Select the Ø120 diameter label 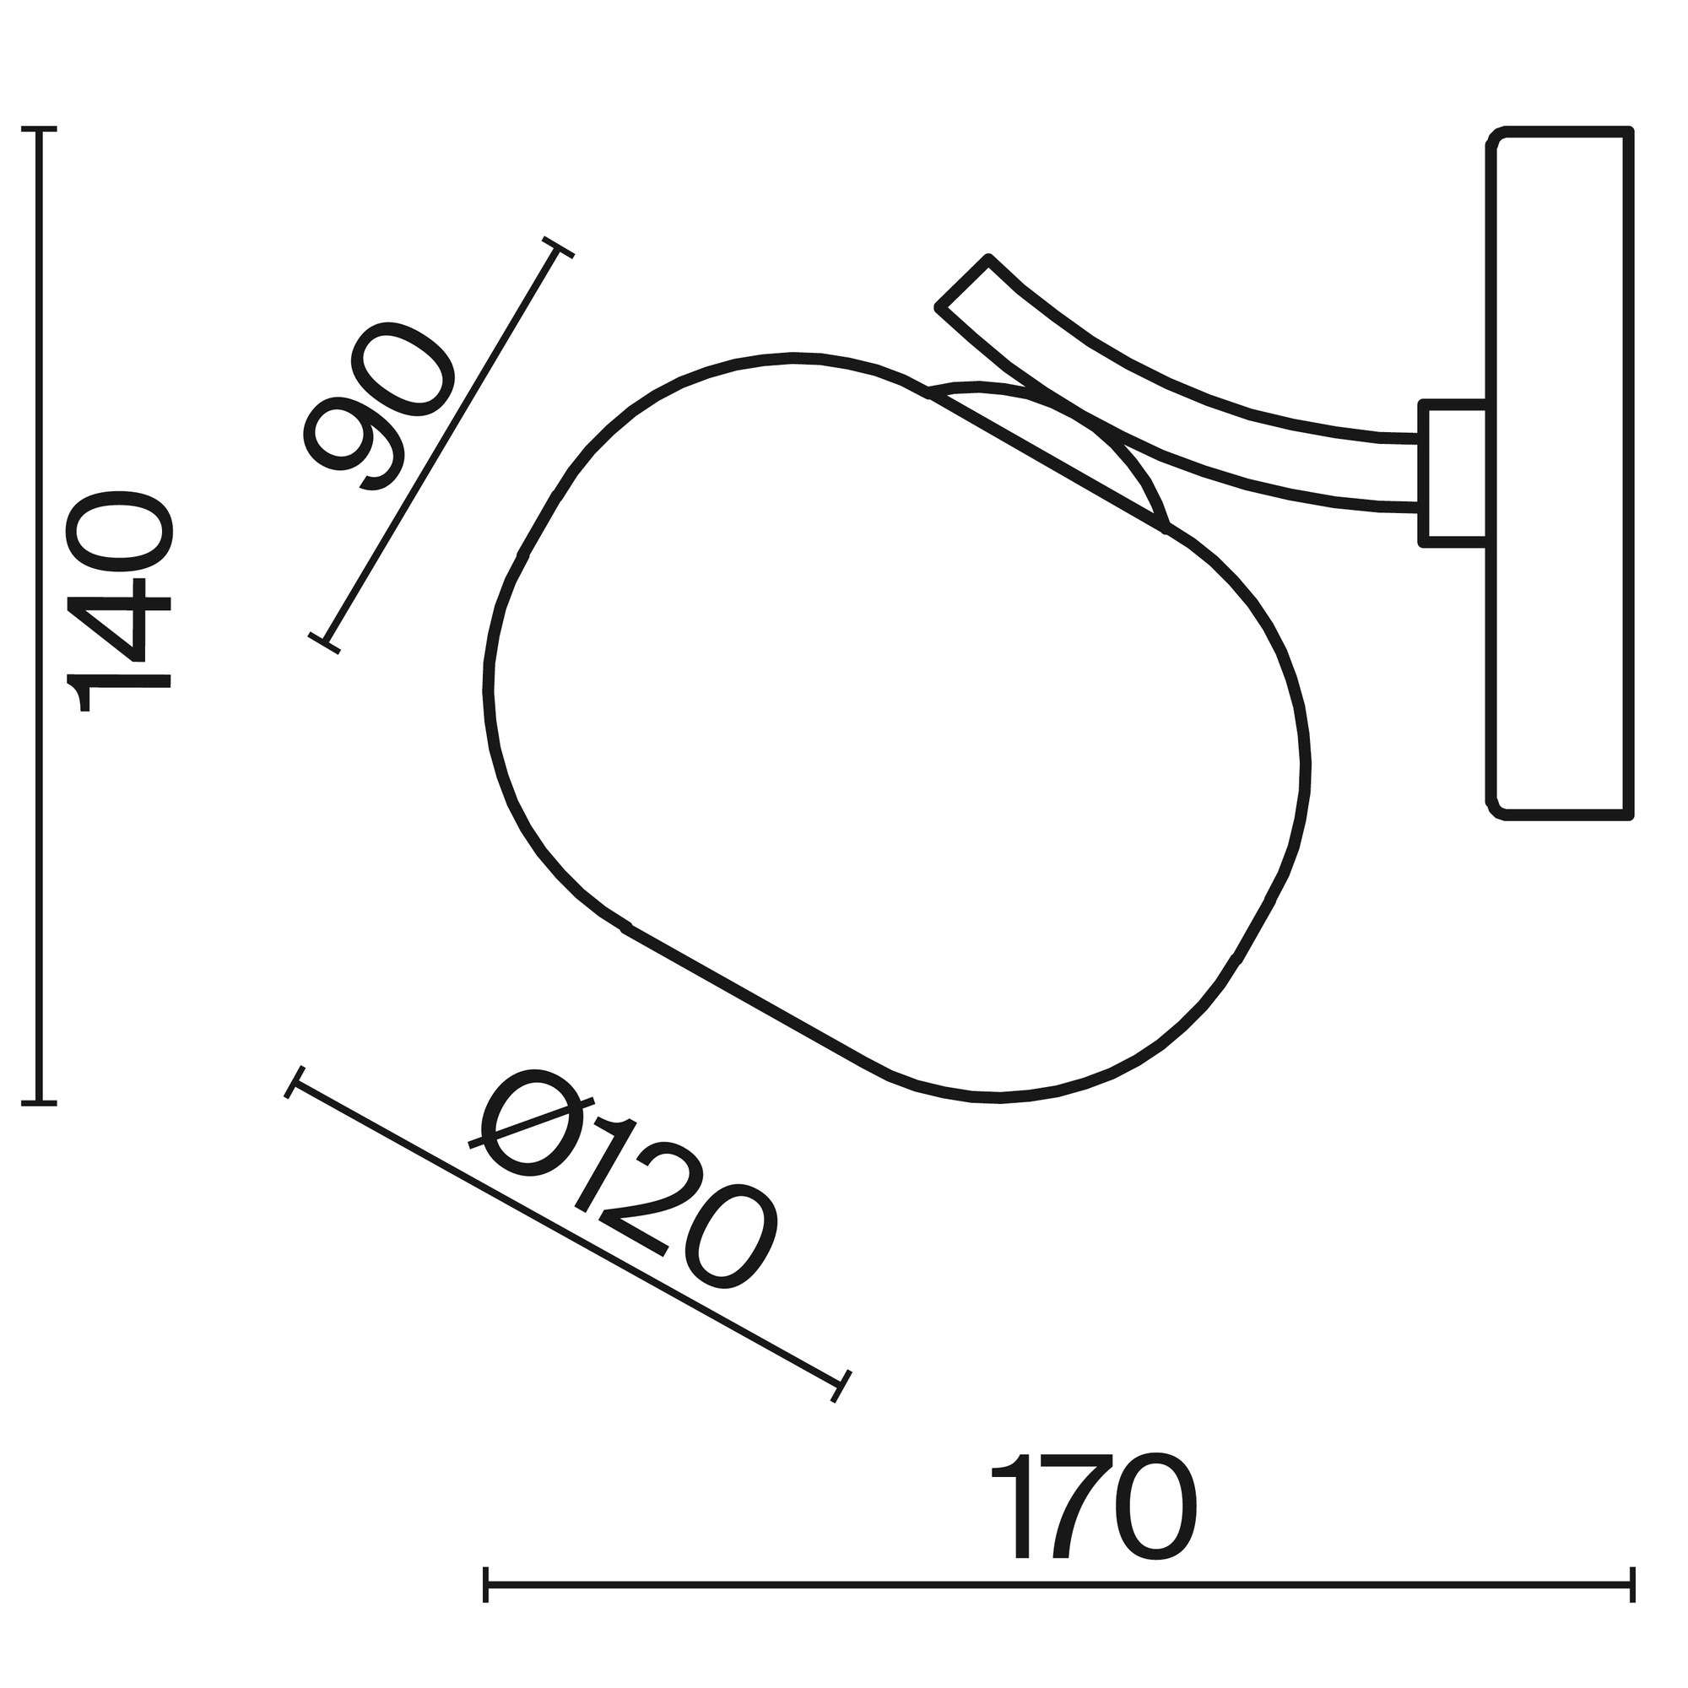tap(621, 1177)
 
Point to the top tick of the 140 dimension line tap(39, 130)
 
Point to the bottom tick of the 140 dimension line tap(39, 1103)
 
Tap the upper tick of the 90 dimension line tap(558, 247)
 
